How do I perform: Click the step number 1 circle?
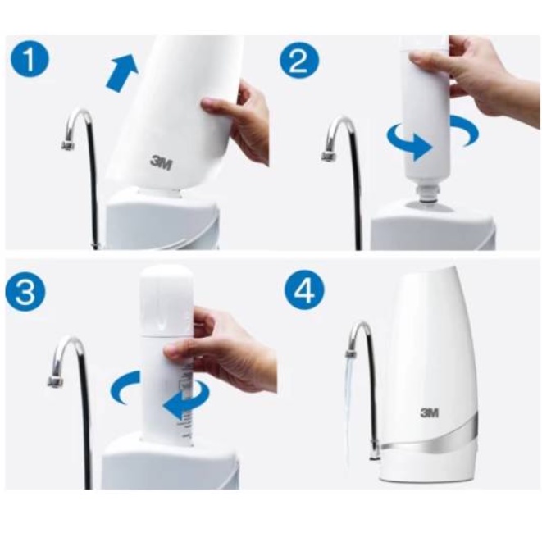pos(30,60)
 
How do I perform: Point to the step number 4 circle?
pos(305,290)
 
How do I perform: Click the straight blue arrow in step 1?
pos(121,72)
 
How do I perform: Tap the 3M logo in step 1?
pos(161,162)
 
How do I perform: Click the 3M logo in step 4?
pos(430,412)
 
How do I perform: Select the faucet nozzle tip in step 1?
pos(68,144)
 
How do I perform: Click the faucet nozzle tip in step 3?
pos(55,381)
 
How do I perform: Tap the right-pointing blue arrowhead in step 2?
pos(423,148)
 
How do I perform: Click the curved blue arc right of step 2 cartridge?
pos(465,130)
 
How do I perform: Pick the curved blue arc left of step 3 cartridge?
pos(123,387)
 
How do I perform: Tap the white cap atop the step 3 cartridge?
pos(166,300)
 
